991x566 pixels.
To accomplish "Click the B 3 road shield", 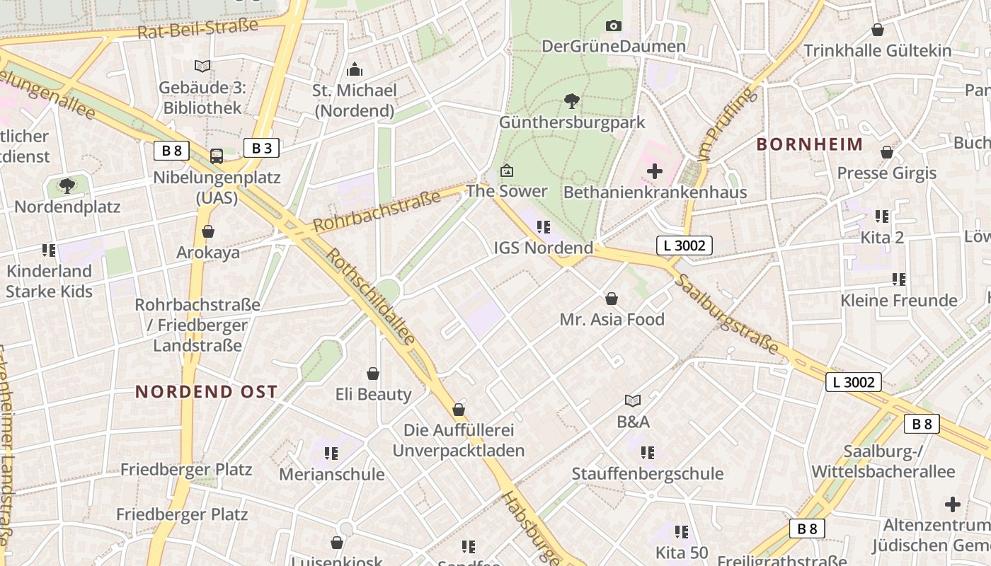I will pos(261,148).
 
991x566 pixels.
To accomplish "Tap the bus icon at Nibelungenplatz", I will pos(217,156).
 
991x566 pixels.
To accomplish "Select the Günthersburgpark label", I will pos(572,122).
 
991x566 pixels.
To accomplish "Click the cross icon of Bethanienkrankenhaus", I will pos(655,171).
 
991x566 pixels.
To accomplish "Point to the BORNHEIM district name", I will pos(810,144).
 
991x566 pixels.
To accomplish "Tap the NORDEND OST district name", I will pos(206,391).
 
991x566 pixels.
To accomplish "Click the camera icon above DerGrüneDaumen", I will pos(614,26).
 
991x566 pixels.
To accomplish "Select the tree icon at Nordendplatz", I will pos(67,186).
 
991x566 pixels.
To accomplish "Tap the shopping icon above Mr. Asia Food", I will pos(612,299).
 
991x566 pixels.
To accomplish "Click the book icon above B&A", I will pos(633,401).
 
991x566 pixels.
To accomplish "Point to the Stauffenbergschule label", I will pos(648,473).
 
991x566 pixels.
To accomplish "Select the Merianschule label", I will pos(332,474).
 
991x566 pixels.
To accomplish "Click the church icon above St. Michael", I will pos(355,69).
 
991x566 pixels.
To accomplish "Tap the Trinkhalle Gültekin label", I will pos(878,51).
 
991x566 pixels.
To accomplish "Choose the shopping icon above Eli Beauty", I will pos(373,374).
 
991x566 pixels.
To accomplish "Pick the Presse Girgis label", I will pos(886,173).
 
